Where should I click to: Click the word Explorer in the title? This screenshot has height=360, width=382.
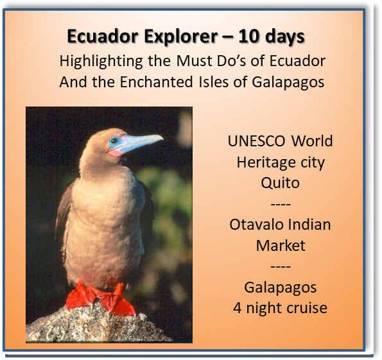[x=180, y=37]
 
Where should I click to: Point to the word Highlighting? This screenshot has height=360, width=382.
[x=101, y=62]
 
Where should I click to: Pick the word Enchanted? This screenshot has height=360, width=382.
[x=157, y=81]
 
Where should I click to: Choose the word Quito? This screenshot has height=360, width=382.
[x=280, y=183]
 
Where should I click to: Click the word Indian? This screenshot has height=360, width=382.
[x=308, y=225]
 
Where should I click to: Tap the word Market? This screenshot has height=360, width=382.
[x=281, y=245]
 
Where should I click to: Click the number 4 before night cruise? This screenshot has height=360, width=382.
[x=238, y=308]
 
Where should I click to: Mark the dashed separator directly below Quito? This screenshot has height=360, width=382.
[x=281, y=204]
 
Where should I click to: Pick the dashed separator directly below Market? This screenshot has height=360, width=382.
[x=281, y=266]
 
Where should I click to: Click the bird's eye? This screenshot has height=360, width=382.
[x=114, y=141]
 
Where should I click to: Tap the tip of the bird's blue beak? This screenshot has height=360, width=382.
[x=162, y=138]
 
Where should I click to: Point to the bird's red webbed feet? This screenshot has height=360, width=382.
[x=100, y=298]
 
